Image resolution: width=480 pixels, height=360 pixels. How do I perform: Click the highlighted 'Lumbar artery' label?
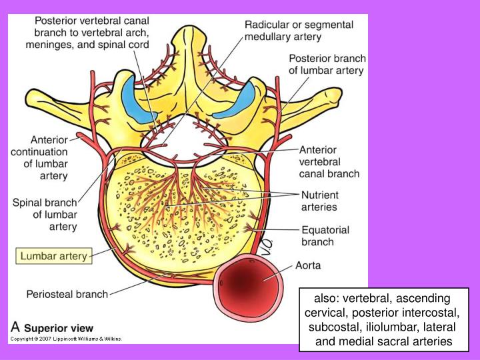(x=54, y=256)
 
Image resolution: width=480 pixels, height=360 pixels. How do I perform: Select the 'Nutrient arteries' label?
(x=320, y=201)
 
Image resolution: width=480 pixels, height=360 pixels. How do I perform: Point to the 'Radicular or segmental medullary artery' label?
(x=295, y=31)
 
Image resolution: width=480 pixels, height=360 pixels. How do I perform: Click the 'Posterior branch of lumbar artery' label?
(x=327, y=64)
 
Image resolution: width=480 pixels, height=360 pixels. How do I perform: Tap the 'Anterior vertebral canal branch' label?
(x=329, y=161)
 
